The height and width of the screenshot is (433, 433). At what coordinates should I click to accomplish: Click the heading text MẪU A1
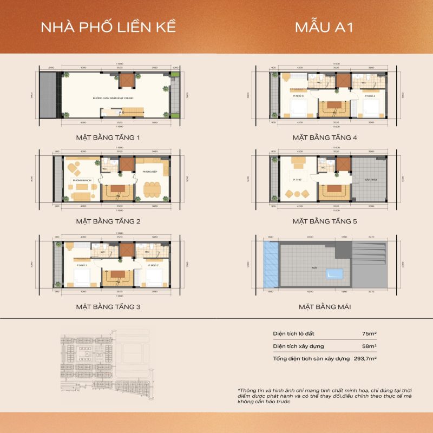pos(324,28)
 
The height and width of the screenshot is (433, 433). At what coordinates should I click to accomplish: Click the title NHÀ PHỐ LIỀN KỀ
pos(109,28)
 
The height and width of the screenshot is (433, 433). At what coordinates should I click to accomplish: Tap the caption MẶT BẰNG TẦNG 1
pos(108,137)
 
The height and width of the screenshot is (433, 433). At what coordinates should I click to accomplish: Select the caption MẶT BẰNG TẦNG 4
pos(325,137)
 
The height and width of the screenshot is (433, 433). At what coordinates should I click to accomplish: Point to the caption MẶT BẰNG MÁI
pos(325,307)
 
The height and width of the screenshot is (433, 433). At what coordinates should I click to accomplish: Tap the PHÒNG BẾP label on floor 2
pos(149,172)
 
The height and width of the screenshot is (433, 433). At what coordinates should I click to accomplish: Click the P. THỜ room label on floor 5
pos(297,179)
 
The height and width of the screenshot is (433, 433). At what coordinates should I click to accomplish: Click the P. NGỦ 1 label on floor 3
pos(82,266)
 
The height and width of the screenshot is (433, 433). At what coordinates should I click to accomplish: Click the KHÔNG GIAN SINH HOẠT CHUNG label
pos(113,99)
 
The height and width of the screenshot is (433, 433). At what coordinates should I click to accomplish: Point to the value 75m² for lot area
pos(370,333)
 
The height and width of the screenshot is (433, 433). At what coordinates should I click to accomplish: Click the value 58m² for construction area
pos(370,346)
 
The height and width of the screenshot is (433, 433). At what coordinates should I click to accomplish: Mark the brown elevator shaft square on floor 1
pos(126,81)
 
